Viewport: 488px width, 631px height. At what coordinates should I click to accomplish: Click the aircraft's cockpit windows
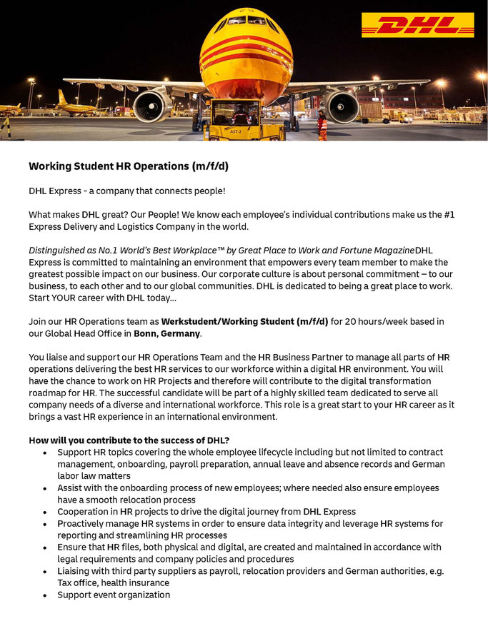click(x=247, y=21)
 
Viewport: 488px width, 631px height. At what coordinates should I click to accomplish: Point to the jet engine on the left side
click(x=153, y=106)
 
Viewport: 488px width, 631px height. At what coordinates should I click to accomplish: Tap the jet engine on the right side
click(x=342, y=105)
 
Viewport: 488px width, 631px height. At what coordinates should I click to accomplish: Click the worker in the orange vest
click(x=322, y=126)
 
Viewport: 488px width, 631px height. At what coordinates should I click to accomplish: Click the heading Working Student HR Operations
click(x=129, y=166)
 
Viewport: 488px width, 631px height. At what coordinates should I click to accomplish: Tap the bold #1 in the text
click(x=449, y=215)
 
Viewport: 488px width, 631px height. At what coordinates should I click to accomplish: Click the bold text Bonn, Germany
click(x=167, y=333)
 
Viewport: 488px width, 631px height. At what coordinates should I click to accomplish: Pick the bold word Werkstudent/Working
click(x=208, y=321)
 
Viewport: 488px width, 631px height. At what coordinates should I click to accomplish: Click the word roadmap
click(x=51, y=393)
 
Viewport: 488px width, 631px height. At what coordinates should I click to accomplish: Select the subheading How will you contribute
click(x=129, y=440)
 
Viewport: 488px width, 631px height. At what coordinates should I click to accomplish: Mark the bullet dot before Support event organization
click(x=46, y=595)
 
